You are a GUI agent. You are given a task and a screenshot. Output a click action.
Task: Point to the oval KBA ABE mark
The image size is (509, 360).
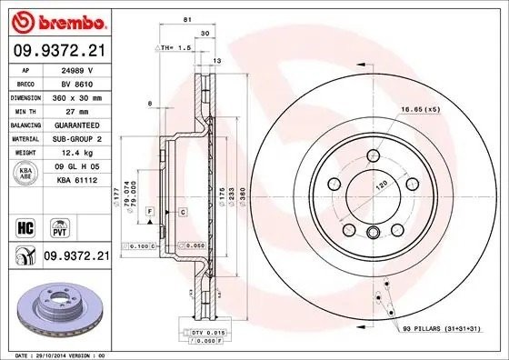point(25,173)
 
